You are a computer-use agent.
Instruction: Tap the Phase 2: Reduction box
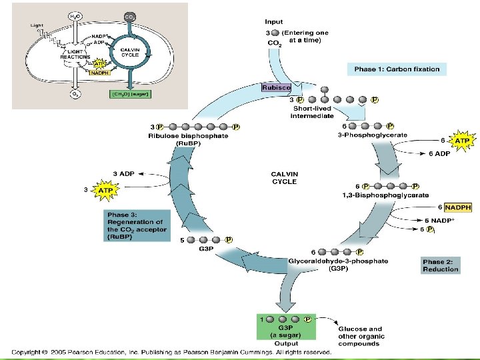(x=441, y=265)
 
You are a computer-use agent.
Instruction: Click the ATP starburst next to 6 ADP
(x=461, y=141)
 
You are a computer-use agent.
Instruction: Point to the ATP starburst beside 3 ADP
(x=105, y=191)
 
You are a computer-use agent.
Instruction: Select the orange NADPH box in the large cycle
(x=458, y=207)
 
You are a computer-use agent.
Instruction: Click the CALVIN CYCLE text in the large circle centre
(x=285, y=178)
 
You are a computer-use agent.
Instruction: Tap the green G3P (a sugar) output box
(x=285, y=329)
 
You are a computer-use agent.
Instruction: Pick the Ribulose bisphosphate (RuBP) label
(x=188, y=139)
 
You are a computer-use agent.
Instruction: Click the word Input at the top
(x=274, y=22)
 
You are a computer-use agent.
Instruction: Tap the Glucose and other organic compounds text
(x=361, y=336)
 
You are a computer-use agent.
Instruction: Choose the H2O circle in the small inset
(x=75, y=15)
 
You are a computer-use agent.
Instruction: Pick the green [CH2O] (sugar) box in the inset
(x=130, y=94)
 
